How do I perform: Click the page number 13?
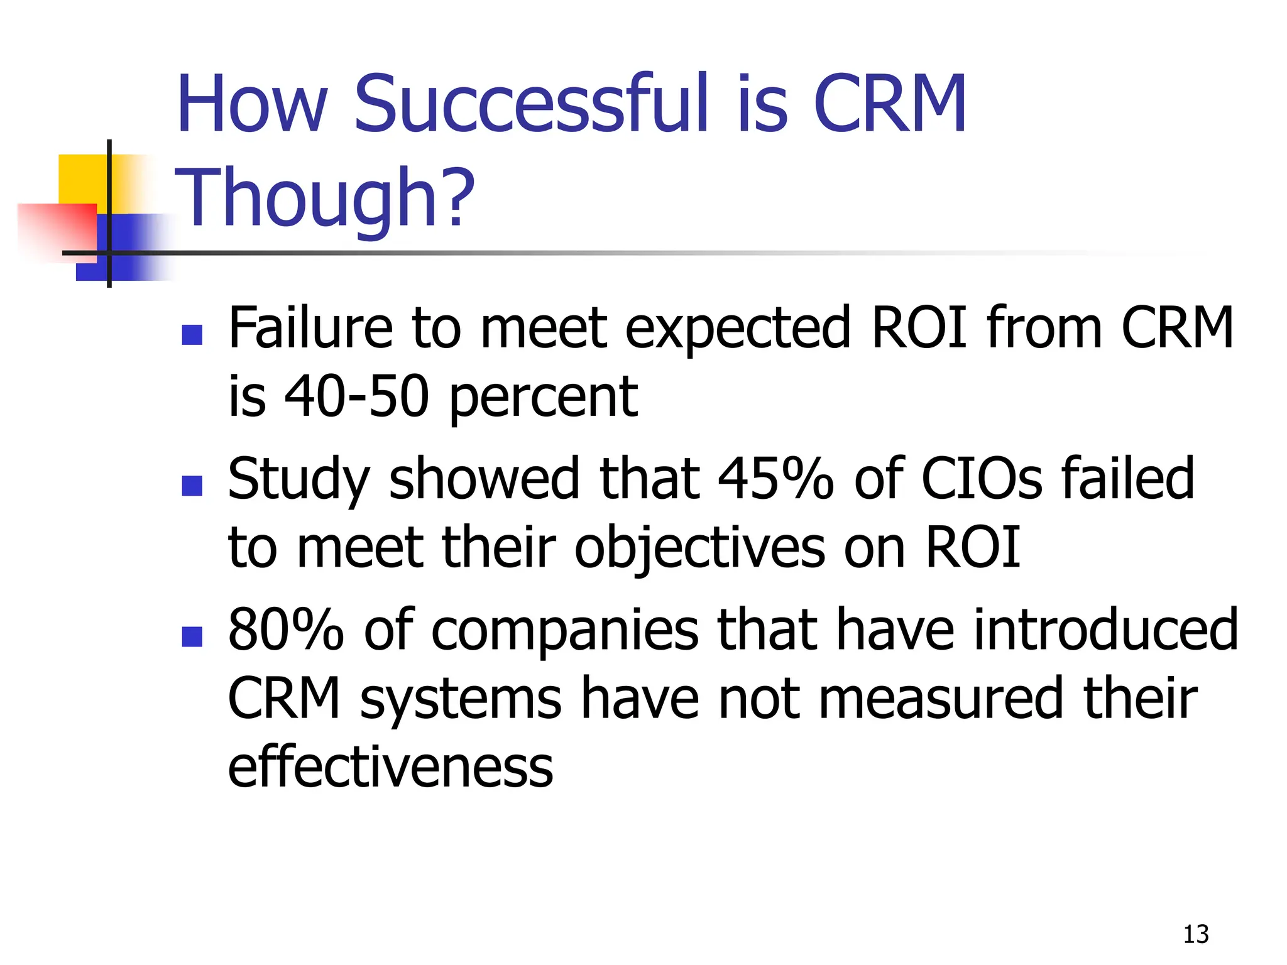click(1195, 934)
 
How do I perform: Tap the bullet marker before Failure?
click(192, 335)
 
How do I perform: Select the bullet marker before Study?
click(192, 486)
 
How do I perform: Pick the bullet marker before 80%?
click(192, 636)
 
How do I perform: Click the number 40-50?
click(357, 397)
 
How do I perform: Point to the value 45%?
click(775, 479)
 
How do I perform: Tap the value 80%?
click(286, 630)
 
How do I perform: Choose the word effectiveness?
click(390, 767)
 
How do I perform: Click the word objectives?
click(699, 548)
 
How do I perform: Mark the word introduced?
click(1105, 630)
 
